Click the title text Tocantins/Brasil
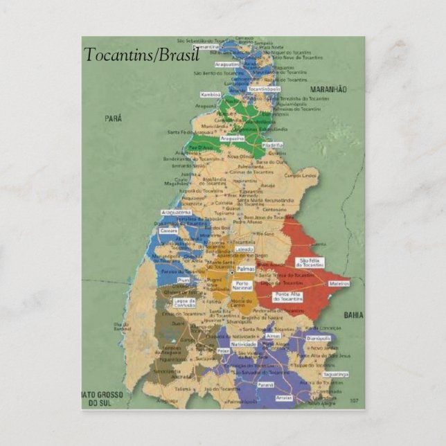[141, 55]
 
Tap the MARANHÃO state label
[328, 90]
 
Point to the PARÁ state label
[113, 118]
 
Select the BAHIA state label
[353, 314]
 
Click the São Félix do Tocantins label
[310, 262]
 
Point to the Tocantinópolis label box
[264, 89]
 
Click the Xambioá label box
[211, 93]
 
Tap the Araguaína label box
[232, 139]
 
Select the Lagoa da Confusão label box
[184, 303]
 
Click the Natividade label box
[243, 344]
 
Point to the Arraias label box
[284, 398]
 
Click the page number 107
[354, 400]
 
